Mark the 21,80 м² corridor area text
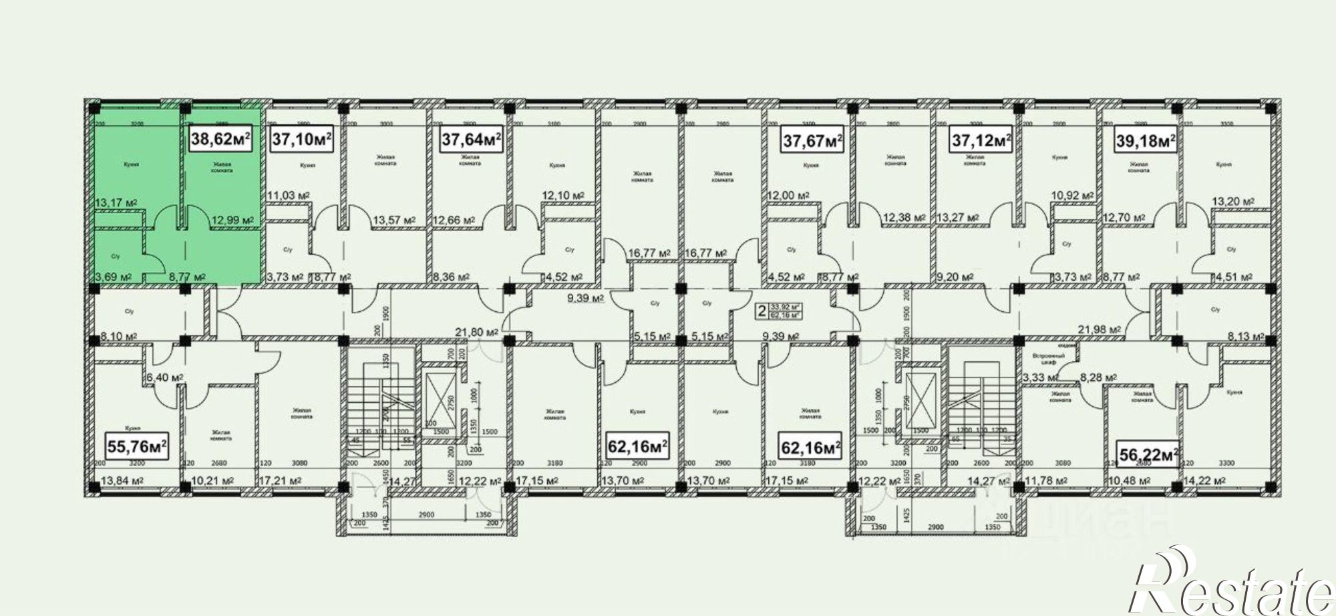pyautogui.click(x=478, y=332)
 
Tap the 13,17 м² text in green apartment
pyautogui.click(x=116, y=202)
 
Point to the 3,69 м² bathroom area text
pyautogui.click(x=112, y=277)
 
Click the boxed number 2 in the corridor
pyautogui.click(x=760, y=310)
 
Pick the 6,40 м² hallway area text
pyautogui.click(x=165, y=377)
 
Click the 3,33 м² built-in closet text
pyautogui.click(x=1039, y=378)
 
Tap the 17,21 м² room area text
pyautogui.click(x=279, y=480)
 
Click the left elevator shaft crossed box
pyautogui.click(x=442, y=396)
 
